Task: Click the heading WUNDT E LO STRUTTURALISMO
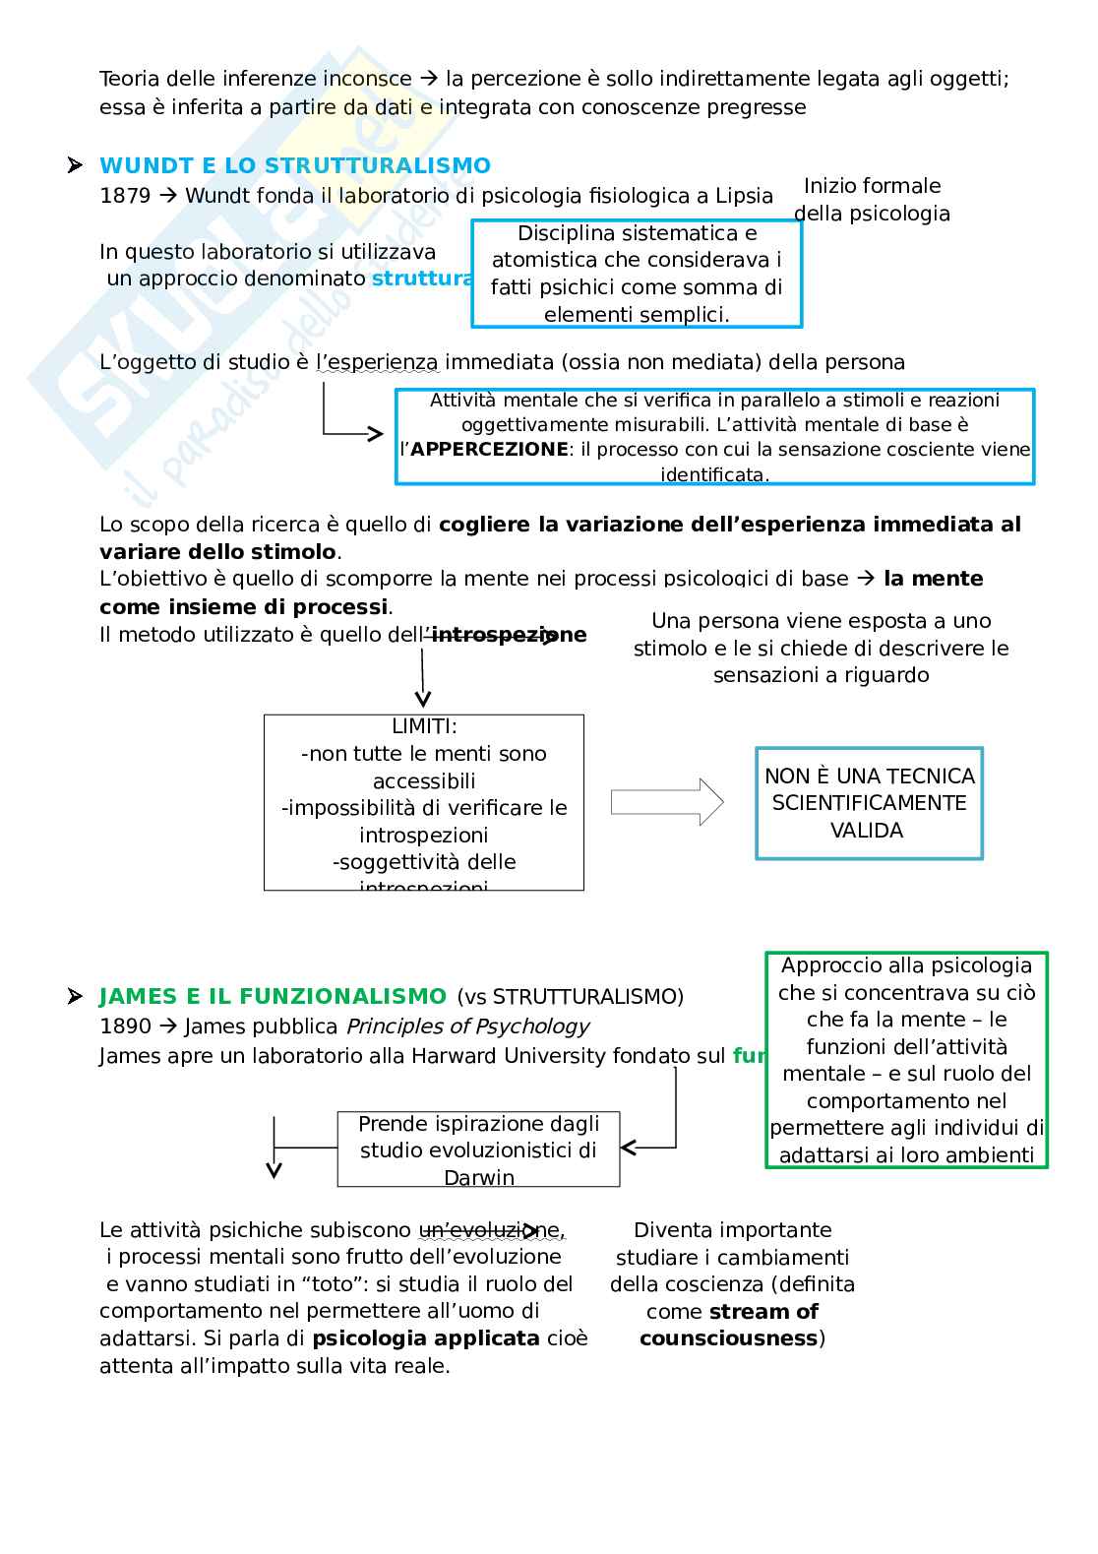coord(295,165)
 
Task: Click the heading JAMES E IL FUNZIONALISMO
coord(273,996)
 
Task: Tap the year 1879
coord(125,196)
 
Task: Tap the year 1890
coord(125,1026)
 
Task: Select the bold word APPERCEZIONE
coord(489,450)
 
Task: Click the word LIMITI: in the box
coord(424,726)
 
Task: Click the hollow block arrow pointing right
coord(667,802)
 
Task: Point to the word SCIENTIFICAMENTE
coord(869,803)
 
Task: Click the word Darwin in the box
coord(479,1177)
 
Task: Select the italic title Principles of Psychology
coord(467,1026)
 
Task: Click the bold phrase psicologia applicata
coord(426,1338)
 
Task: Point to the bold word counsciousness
coord(729,1338)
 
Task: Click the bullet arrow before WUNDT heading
coord(74,165)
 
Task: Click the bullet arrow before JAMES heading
coord(74,997)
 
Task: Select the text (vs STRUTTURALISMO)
coord(570,997)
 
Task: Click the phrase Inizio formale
coord(872,186)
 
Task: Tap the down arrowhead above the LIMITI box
coord(423,700)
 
